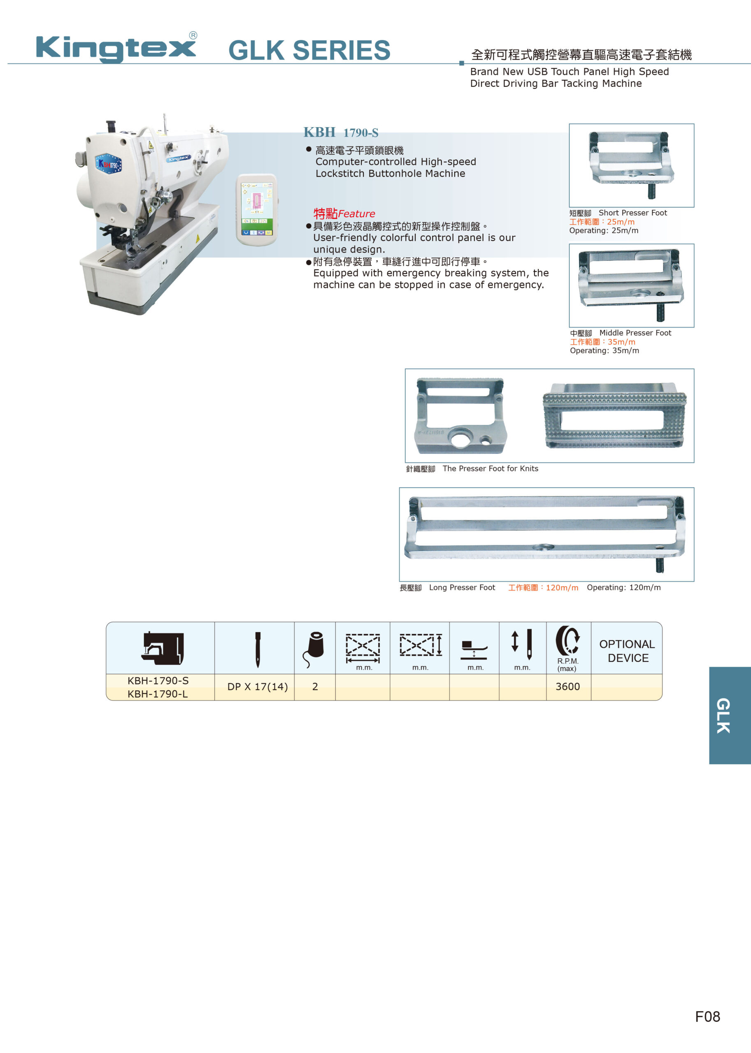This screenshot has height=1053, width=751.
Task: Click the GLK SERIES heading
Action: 309,50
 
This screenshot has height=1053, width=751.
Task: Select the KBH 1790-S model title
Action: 341,133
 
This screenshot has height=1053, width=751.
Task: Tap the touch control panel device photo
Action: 257,210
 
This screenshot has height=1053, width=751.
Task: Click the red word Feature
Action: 356,213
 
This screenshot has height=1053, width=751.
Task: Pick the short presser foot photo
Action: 631,165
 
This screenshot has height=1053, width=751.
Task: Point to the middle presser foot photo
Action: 631,285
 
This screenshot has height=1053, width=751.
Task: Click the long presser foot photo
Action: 546,534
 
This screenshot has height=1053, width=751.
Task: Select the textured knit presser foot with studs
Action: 614,415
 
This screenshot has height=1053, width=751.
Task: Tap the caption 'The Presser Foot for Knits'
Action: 490,468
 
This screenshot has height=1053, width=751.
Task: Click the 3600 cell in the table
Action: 567,687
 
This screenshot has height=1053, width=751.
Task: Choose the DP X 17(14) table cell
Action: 258,687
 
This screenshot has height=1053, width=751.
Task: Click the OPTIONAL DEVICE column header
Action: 627,651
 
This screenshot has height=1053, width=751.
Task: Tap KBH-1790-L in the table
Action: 158,694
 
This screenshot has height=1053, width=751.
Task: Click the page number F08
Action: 707,1016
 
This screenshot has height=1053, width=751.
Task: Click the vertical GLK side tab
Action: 730,715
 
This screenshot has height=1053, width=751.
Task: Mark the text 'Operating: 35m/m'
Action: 605,350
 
